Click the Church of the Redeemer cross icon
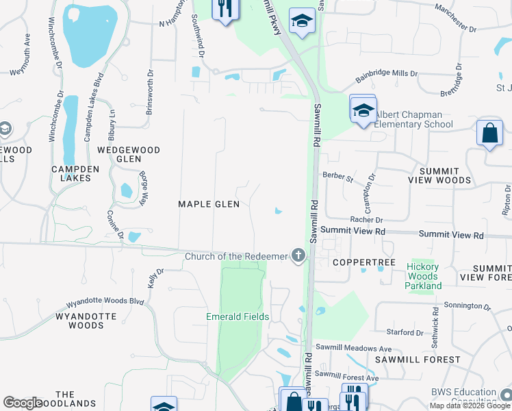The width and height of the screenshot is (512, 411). coord(298,256)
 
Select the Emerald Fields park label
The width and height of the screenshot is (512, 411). coord(238,316)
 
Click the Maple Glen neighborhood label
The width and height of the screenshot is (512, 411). coord(209,204)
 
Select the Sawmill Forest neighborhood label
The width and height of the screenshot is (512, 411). coord(418,359)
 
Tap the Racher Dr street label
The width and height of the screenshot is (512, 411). coord(366,220)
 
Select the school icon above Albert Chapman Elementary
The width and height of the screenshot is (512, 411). coord(363,109)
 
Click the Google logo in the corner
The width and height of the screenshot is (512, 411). coord(23,403)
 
